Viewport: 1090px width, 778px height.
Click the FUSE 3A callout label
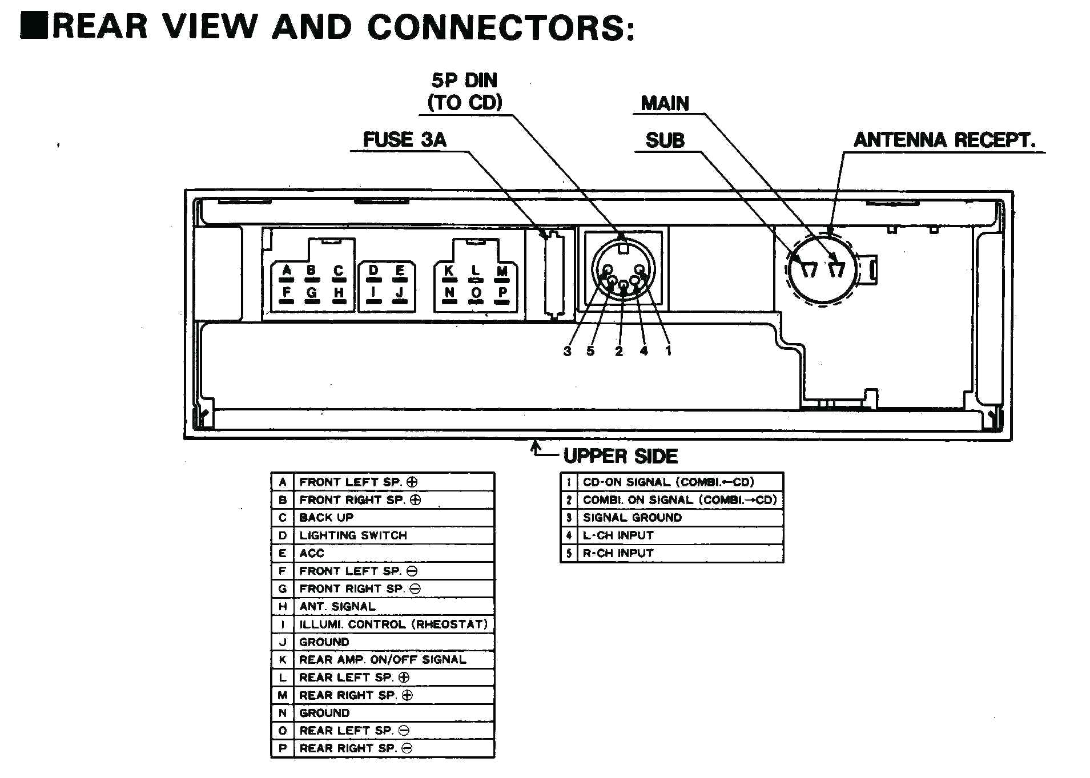pyautogui.click(x=404, y=140)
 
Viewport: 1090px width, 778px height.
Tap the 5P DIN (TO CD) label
pyautogui.click(x=465, y=92)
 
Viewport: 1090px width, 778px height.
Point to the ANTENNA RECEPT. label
pyautogui.click(x=944, y=140)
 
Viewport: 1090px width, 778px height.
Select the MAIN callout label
pyautogui.click(x=665, y=103)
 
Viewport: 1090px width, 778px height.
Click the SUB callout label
pyautogui.click(x=665, y=140)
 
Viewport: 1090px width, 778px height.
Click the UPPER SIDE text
pyautogui.click(x=620, y=456)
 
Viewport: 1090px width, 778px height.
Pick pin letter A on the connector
pyautogui.click(x=287, y=270)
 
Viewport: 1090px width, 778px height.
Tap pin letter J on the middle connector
pyautogui.click(x=400, y=292)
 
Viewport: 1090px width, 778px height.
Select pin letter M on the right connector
pyautogui.click(x=502, y=271)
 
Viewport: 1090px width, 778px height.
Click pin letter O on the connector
pyautogui.click(x=476, y=293)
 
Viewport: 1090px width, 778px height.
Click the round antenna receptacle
pyautogui.click(x=822, y=269)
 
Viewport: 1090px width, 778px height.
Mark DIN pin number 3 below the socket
pyautogui.click(x=567, y=352)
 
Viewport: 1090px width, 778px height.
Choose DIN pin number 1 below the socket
pyautogui.click(x=668, y=351)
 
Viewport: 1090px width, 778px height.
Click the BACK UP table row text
pyautogui.click(x=326, y=518)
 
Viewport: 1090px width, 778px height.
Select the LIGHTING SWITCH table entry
pyautogui.click(x=353, y=535)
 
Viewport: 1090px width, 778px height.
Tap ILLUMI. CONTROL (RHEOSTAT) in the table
pyautogui.click(x=393, y=624)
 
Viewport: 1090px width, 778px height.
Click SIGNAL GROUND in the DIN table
pyautogui.click(x=632, y=518)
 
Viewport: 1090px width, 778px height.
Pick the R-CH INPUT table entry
pyautogui.click(x=618, y=553)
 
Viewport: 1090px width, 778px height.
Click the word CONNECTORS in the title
pyautogui.click(x=500, y=27)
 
